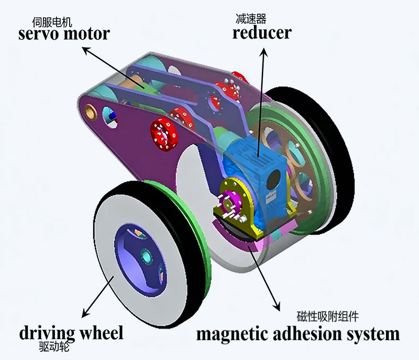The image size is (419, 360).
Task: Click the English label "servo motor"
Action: [x=64, y=34]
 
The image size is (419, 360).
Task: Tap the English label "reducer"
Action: [x=262, y=33]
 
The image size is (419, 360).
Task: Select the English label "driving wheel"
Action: [x=71, y=333]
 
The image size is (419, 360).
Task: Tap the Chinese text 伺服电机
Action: [x=52, y=22]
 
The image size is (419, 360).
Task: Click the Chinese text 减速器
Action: [x=250, y=19]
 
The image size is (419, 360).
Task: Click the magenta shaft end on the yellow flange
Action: [x=228, y=200]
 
